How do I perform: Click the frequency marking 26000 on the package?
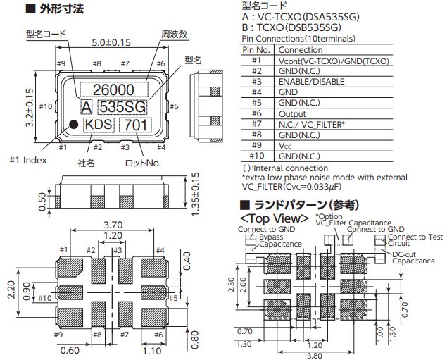click(x=113, y=89)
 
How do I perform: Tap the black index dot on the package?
click(x=73, y=125)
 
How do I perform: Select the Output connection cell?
click(x=292, y=113)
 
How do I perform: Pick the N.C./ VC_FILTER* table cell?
click(x=311, y=124)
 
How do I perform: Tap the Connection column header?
click(x=301, y=50)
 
